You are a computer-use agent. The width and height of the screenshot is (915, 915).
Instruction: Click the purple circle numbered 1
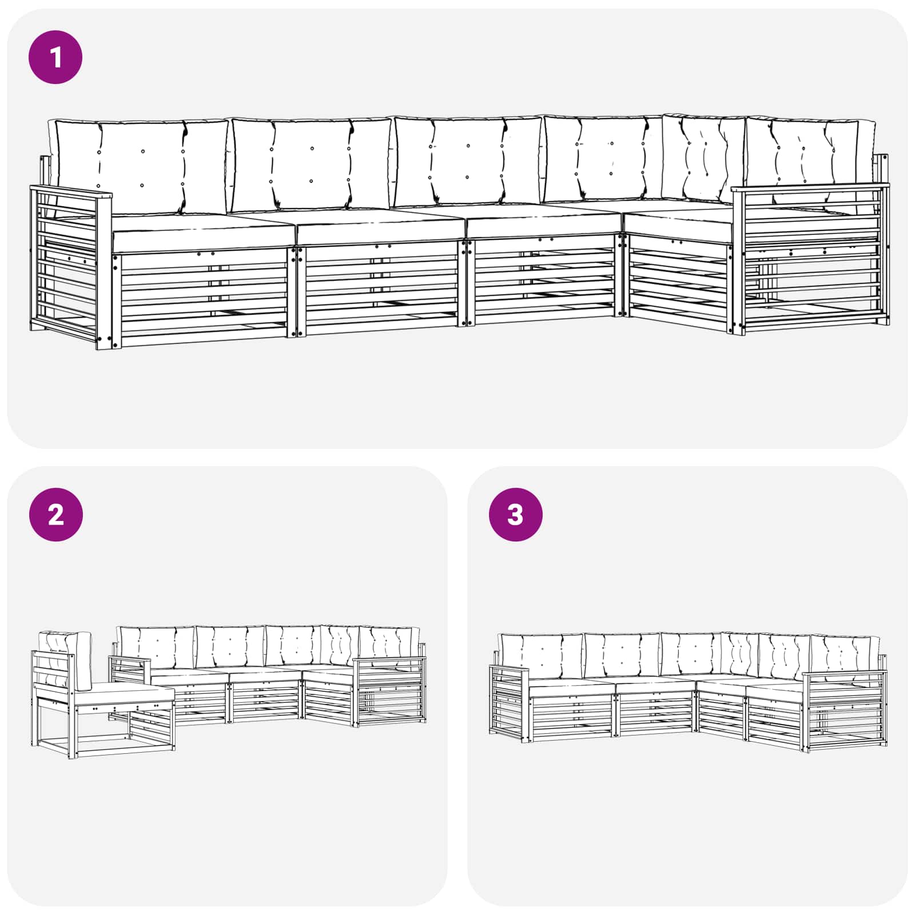point(55,57)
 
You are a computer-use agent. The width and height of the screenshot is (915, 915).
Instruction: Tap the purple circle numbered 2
point(55,515)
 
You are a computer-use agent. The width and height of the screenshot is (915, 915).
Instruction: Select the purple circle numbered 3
point(515,515)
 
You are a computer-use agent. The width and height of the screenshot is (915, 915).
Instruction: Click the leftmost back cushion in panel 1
point(141,166)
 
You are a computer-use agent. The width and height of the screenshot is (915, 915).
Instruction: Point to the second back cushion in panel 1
point(311,165)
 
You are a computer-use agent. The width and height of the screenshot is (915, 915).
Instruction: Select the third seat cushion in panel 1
point(543,220)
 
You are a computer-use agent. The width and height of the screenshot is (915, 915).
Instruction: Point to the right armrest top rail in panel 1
point(810,188)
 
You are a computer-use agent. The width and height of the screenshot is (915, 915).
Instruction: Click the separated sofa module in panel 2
point(103,694)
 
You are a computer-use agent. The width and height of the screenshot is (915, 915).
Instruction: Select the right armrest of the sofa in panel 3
point(845,710)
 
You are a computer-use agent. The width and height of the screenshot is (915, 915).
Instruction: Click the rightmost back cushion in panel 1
point(810,157)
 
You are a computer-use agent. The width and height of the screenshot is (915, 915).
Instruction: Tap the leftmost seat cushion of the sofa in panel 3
point(572,689)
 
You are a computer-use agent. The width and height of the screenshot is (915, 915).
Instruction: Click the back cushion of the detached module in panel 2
point(65,661)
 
